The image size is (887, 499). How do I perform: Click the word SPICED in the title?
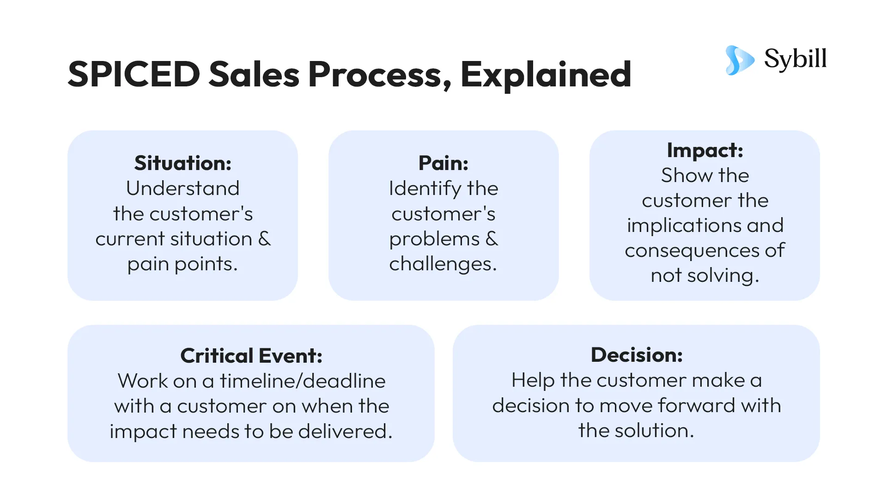point(134,74)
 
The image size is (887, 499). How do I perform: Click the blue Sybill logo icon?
point(739,60)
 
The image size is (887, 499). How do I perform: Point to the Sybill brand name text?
point(795,59)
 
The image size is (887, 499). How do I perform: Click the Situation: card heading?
point(183,163)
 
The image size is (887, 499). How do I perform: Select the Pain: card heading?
point(443,163)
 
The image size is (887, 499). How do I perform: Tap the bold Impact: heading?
point(705,150)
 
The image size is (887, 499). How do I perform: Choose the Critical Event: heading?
point(251,356)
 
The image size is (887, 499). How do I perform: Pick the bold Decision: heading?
point(637,355)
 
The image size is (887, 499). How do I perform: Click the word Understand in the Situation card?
point(183,189)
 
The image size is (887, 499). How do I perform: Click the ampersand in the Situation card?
point(264,239)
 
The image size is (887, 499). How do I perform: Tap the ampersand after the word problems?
point(492,239)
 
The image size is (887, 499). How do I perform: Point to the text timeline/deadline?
point(303,381)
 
